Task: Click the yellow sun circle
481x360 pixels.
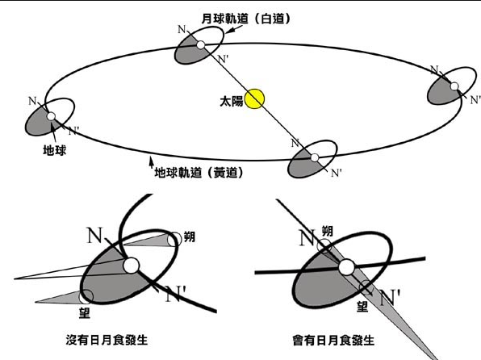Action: click(254, 98)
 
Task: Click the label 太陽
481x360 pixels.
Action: click(232, 101)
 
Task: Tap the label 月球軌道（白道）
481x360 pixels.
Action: click(245, 19)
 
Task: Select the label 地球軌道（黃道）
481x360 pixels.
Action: click(199, 173)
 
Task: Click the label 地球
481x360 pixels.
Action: click(55, 150)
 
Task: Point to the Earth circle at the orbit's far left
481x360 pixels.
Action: click(51, 116)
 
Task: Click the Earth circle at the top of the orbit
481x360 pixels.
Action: click(201, 45)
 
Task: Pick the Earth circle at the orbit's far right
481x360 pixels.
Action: click(454, 86)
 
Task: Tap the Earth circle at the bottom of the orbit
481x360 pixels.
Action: click(315, 157)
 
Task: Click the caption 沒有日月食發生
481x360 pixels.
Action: click(107, 340)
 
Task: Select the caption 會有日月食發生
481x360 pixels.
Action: click(333, 340)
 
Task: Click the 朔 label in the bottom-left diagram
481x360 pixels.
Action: click(190, 237)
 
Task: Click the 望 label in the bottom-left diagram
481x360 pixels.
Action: click(85, 313)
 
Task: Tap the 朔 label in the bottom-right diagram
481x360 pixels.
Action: click(328, 231)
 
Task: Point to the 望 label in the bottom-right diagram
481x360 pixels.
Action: click(362, 306)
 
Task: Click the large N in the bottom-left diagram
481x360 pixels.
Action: click(94, 236)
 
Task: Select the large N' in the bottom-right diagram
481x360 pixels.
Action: click(390, 298)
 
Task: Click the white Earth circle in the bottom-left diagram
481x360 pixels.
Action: click(132, 266)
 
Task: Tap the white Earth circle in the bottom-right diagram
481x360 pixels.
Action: click(347, 267)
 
